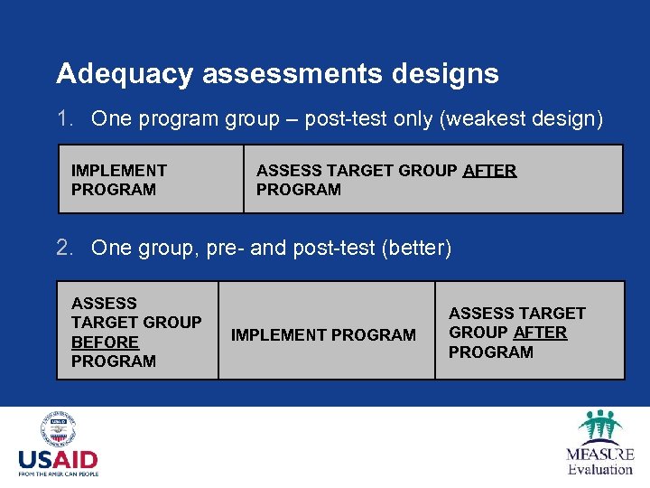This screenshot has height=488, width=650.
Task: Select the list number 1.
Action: pos(63,118)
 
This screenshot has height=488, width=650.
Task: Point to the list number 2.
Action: pos(63,248)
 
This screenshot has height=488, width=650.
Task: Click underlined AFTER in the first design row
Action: pos(489,170)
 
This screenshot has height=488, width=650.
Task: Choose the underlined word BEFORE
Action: pos(105,342)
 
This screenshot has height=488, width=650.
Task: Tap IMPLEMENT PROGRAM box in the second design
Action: pos(324,335)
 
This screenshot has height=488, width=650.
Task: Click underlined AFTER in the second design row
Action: pos(540,333)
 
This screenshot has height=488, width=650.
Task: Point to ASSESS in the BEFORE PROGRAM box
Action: pos(104,303)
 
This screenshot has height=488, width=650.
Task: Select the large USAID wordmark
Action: pos(58,460)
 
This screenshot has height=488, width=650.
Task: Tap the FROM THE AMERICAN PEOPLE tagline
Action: pos(58,474)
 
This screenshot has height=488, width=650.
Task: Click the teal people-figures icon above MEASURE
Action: pos(599,426)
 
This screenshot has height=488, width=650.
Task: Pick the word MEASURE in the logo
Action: pos(599,454)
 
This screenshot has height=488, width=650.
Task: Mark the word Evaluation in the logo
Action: pos(599,469)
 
